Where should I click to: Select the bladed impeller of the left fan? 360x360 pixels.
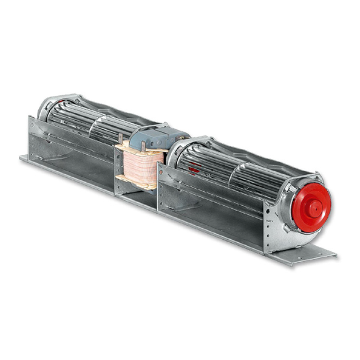pos(91,121)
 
